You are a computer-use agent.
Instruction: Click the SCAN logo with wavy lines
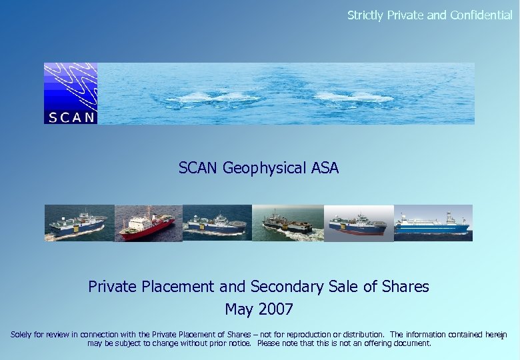coord(71,93)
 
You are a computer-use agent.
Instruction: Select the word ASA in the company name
coord(325,168)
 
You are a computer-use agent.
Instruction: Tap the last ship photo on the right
coord(433,223)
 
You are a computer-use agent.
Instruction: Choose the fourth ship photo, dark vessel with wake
coord(287,223)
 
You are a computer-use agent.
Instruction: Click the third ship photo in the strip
coord(217,223)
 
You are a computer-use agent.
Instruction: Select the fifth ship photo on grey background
coord(358,223)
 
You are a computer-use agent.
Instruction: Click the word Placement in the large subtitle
coord(178,287)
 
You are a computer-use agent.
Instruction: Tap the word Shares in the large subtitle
coord(406,287)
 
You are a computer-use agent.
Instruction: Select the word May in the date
coord(238,310)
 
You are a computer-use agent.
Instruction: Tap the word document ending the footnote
coord(413,344)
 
